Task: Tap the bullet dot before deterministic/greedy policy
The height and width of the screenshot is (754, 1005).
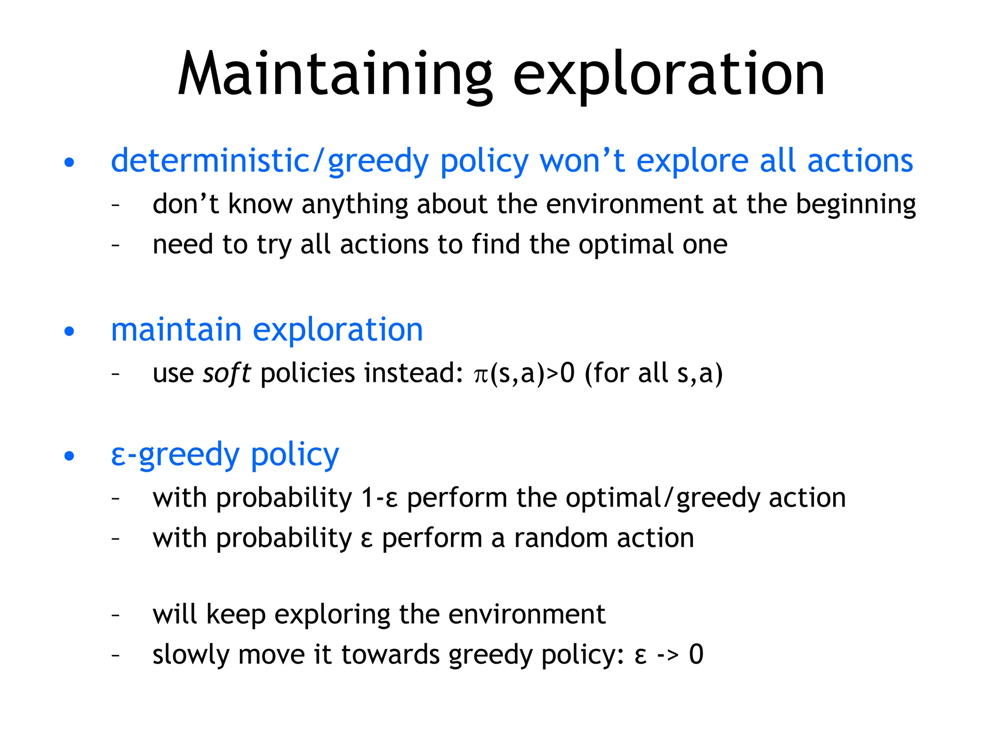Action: (69, 162)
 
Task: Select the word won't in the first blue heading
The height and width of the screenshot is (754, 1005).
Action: (582, 161)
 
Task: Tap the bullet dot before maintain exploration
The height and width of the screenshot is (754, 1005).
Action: (69, 331)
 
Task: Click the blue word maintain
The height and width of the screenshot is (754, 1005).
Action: (176, 329)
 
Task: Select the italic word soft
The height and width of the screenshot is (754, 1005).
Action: (227, 374)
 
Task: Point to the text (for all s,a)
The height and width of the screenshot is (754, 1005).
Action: (654, 374)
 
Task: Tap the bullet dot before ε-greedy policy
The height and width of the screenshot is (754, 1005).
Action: (69, 456)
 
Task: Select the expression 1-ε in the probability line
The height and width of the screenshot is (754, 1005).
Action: (379, 498)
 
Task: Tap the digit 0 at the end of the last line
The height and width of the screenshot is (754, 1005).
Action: (696, 654)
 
